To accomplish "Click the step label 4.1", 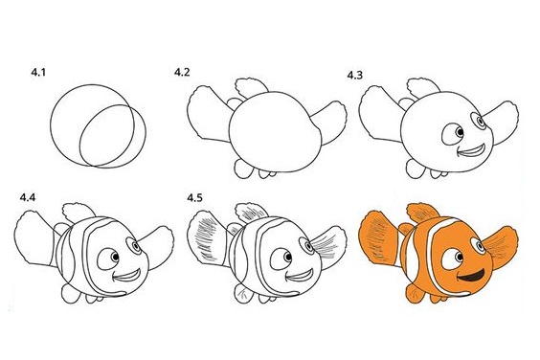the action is coord(38,73).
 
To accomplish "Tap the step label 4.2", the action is coord(182,73).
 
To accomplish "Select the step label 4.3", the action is coord(354,75).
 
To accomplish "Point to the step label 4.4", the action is coord(28,198).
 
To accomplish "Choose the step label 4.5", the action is coord(195,198).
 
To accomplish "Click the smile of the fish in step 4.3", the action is coord(472,150).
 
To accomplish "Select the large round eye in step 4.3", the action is coord(454,134).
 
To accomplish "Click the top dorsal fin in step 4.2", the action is coord(250,88).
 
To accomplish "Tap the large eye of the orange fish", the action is coord(453,259).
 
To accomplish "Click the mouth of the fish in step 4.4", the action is coord(127,275).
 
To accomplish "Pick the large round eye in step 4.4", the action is coord(109,259).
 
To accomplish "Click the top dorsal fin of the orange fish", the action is coord(422,213).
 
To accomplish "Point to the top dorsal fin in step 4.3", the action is coord(421,88).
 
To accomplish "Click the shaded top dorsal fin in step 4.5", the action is coord(250,213).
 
